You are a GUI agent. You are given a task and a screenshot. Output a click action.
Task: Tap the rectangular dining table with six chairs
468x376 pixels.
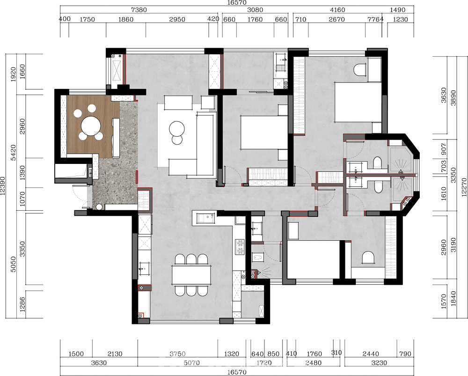click(x=191, y=275)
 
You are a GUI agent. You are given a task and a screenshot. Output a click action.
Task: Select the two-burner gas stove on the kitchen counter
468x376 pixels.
click(x=240, y=247)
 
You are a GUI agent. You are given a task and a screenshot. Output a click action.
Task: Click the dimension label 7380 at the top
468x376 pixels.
click(x=139, y=10)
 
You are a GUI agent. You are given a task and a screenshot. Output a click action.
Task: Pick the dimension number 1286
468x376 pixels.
click(x=22, y=304)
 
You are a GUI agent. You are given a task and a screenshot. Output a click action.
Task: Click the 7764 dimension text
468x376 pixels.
click(x=375, y=19)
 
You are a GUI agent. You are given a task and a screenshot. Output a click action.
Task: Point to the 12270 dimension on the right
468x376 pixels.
click(x=463, y=187)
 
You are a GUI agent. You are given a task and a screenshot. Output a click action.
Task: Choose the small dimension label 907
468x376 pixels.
click(x=444, y=149)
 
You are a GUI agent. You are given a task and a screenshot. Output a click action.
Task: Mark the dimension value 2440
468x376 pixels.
click(x=370, y=354)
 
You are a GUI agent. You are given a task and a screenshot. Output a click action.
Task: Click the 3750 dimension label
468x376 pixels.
click(x=177, y=354)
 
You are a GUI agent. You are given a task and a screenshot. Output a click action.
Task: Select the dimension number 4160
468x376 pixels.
click(x=337, y=10)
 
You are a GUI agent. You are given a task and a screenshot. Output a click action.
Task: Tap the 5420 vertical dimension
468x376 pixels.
click(x=13, y=152)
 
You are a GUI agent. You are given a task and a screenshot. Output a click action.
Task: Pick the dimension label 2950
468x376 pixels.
click(x=177, y=19)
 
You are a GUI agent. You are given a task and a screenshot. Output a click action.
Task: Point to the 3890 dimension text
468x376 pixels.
click(x=453, y=98)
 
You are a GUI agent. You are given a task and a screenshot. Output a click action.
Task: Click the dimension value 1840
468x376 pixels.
click(x=453, y=298)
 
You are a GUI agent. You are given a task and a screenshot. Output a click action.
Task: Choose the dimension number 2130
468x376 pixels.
click(x=115, y=354)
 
